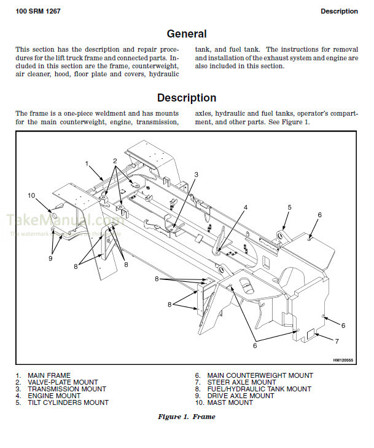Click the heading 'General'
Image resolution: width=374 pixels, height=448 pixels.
point(187,34)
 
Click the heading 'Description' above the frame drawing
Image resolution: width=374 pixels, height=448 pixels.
point(187,98)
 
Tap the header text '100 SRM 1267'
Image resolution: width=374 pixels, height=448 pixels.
point(38,11)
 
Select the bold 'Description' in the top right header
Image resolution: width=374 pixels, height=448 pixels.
point(339,11)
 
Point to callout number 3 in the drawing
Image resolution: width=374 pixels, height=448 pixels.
point(196,175)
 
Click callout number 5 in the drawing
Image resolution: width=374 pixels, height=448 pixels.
point(289,207)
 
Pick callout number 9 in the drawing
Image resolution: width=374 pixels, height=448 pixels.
point(50,258)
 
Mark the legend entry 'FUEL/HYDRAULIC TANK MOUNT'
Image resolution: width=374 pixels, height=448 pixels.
point(259,389)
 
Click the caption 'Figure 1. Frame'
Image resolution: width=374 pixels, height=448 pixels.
point(187,417)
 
